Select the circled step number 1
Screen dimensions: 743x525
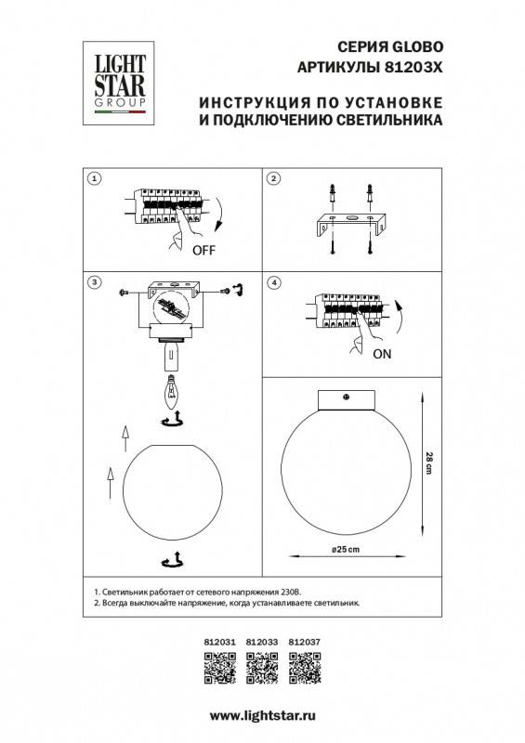[x=93, y=177]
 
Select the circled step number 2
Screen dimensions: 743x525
[x=273, y=177]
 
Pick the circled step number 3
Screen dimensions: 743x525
[x=93, y=281]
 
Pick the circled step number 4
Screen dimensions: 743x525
[x=273, y=281]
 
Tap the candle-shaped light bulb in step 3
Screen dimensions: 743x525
[x=170, y=395]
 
